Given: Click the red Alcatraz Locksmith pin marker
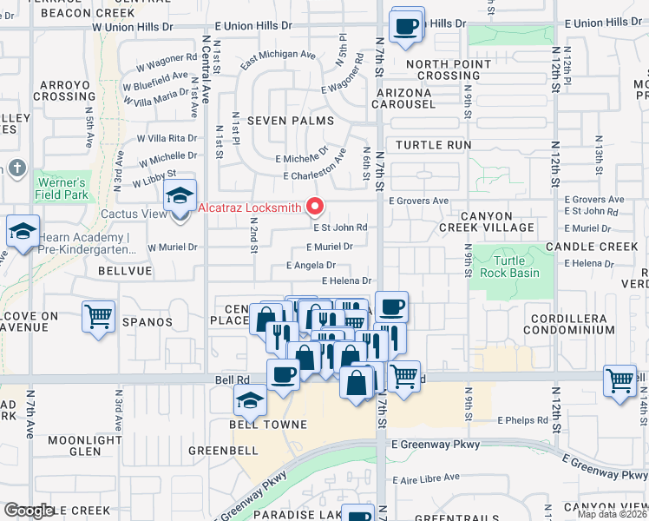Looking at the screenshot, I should pyautogui.click(x=315, y=207).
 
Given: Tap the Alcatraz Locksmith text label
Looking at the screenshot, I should pyautogui.click(x=250, y=208).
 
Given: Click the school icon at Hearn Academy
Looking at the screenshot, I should pyautogui.click(x=23, y=231).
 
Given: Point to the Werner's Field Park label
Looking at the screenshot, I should pyautogui.click(x=61, y=188).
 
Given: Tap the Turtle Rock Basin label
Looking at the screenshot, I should pyautogui.click(x=516, y=267).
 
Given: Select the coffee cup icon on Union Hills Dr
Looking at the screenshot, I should pyautogui.click(x=405, y=25).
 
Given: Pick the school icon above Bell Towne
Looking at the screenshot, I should pyautogui.click(x=249, y=400).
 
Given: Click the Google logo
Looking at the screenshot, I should pyautogui.click(x=29, y=511).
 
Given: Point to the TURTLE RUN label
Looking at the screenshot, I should pyautogui.click(x=434, y=145).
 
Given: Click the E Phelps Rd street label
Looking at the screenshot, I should pyautogui.click(x=523, y=420).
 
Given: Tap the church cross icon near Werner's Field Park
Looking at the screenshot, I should pyautogui.click(x=16, y=168).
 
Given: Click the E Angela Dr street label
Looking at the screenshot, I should pyautogui.click(x=311, y=266).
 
